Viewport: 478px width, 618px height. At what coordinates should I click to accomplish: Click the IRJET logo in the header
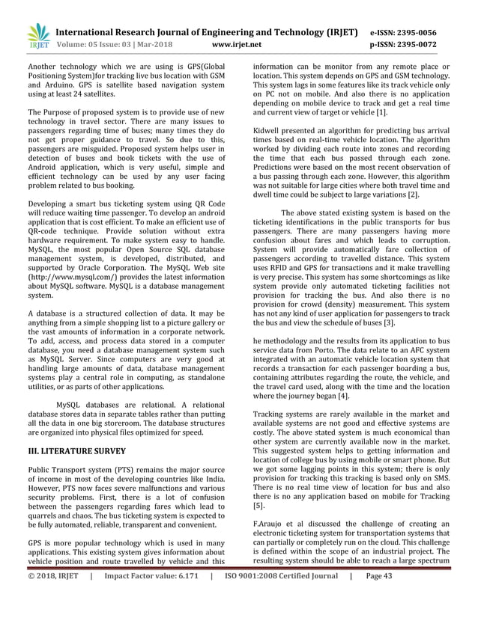37,36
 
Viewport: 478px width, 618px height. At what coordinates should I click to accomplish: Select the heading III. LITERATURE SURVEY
76,452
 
